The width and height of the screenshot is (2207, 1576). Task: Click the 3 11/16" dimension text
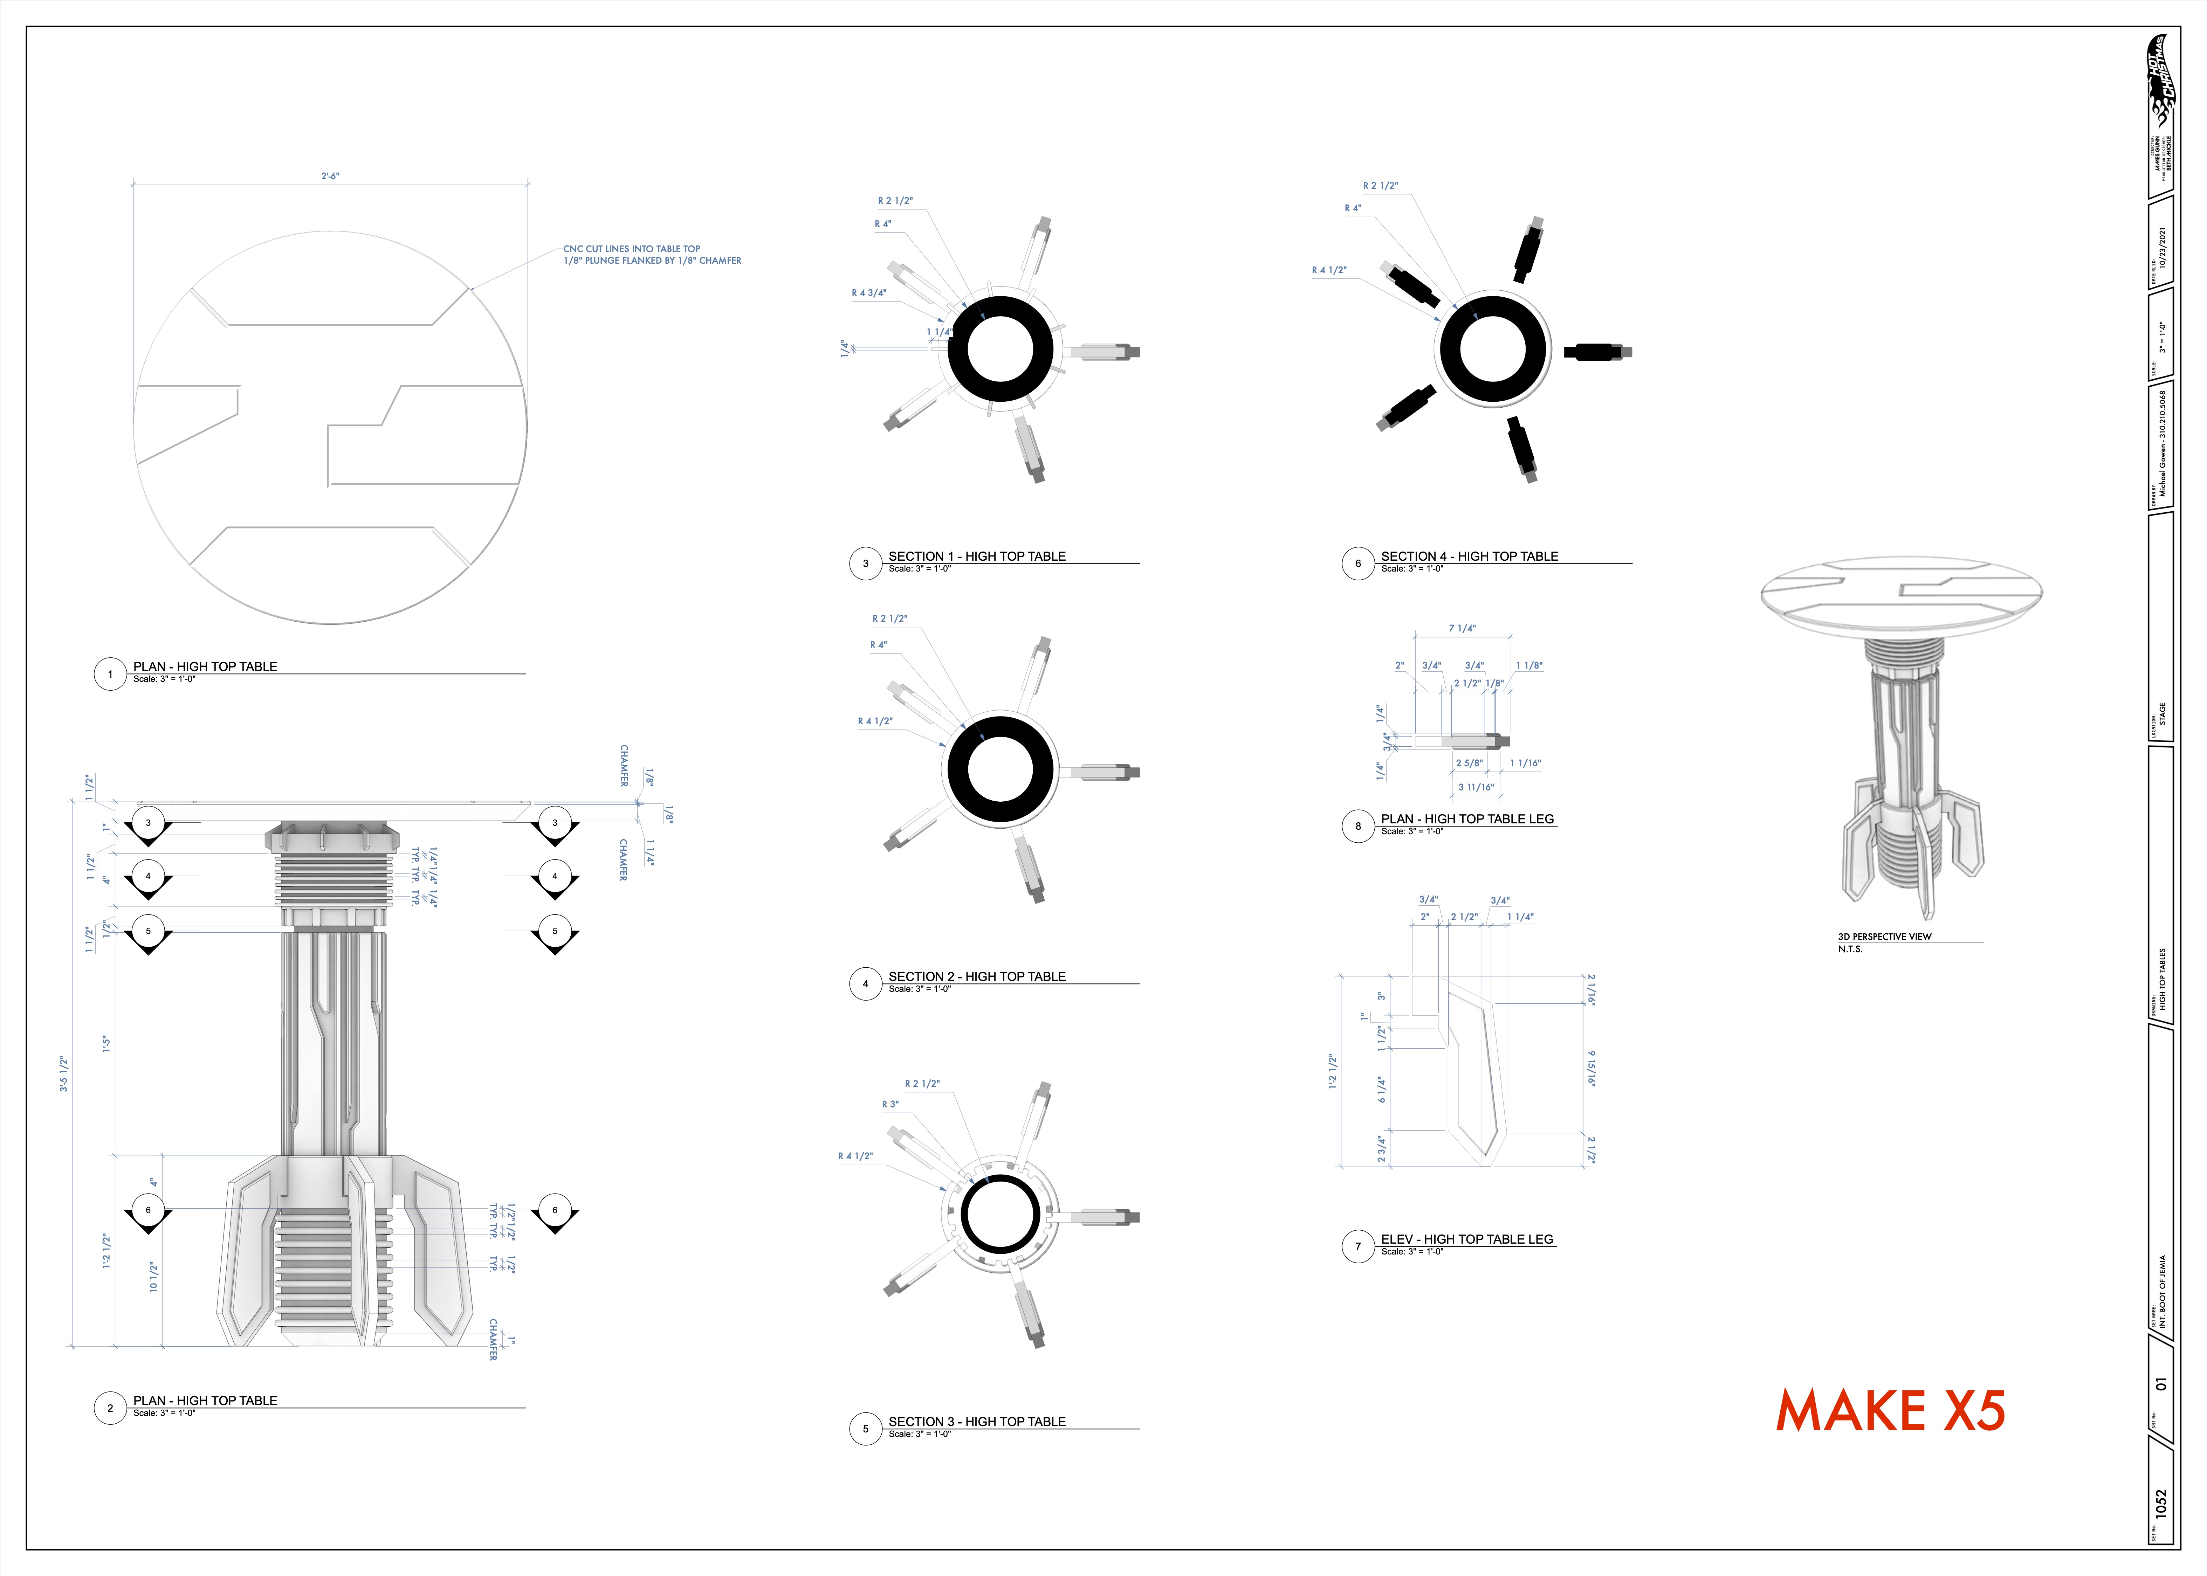click(x=1475, y=787)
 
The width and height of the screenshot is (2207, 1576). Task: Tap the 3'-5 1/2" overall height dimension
click(x=64, y=1073)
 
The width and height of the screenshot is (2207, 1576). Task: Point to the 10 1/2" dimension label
click(x=152, y=1276)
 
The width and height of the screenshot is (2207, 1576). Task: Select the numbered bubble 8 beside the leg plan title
click(x=1358, y=826)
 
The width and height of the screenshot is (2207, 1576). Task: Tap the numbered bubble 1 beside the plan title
click(x=110, y=673)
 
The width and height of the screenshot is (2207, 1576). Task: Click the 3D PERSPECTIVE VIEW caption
click(x=1884, y=936)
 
